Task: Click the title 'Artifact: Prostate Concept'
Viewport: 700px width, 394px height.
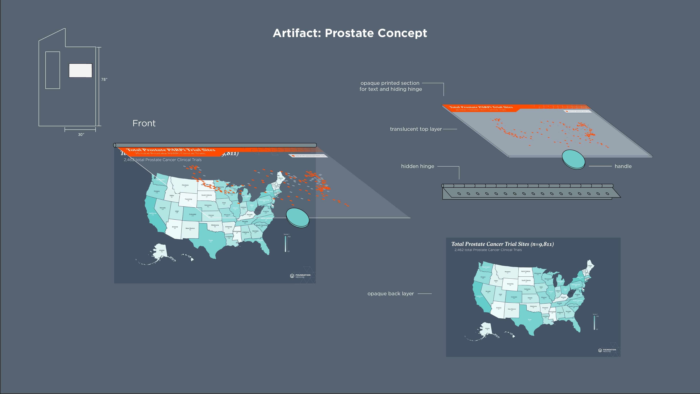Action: pos(350,33)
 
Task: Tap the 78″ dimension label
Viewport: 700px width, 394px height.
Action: pos(104,79)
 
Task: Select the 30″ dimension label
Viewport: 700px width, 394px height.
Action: pos(81,135)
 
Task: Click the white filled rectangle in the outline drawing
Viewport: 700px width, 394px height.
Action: pos(80,70)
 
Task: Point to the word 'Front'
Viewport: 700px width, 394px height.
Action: pos(144,123)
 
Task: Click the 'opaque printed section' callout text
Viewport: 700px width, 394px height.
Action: pos(390,86)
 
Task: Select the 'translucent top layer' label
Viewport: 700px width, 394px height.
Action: pos(415,129)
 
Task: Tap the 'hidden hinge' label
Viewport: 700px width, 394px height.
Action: pos(417,166)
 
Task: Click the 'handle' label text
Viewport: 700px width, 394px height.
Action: pos(623,166)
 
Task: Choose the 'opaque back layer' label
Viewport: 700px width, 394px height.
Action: pos(390,294)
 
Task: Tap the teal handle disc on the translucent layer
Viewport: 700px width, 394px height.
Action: pos(573,159)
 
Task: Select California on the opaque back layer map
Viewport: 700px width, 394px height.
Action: pos(479,296)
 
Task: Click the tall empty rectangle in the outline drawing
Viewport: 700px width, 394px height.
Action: pos(52,70)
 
